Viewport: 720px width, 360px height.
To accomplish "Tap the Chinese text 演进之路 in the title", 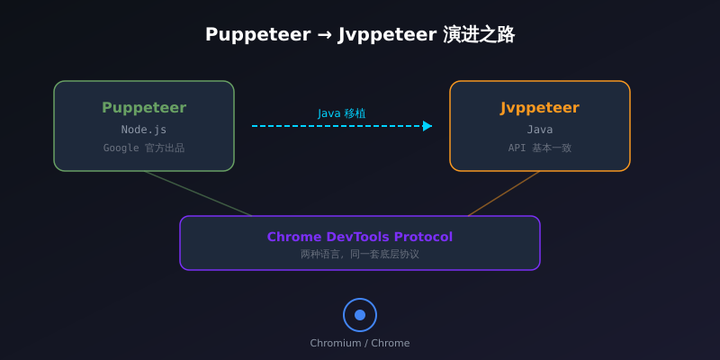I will click(x=479, y=34).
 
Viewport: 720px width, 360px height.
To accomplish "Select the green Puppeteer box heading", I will click(x=144, y=108).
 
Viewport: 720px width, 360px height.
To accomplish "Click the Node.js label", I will click(x=144, y=130).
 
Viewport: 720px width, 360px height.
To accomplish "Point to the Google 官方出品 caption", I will click(x=144, y=148).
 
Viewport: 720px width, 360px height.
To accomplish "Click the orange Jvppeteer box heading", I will click(x=540, y=108).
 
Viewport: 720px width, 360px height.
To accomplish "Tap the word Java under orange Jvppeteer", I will click(x=540, y=130).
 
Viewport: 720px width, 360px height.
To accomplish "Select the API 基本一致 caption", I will click(x=540, y=148).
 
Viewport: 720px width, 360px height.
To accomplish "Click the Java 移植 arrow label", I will click(x=342, y=113).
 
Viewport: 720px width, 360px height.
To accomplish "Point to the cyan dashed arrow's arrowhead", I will click(x=427, y=126).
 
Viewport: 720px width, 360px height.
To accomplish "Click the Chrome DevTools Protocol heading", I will click(x=360, y=237).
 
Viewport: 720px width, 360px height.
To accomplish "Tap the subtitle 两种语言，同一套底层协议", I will click(x=360, y=255).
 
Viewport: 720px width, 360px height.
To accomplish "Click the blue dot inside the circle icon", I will click(x=360, y=315).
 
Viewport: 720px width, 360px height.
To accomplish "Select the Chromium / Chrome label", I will click(x=360, y=343).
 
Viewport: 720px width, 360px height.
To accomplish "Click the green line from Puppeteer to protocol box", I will click(x=198, y=193).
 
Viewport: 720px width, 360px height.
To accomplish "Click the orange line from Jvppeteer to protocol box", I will click(x=504, y=193).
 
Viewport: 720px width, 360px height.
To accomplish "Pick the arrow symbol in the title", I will click(x=324, y=35).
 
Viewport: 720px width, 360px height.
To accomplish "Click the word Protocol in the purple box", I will click(x=423, y=237).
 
